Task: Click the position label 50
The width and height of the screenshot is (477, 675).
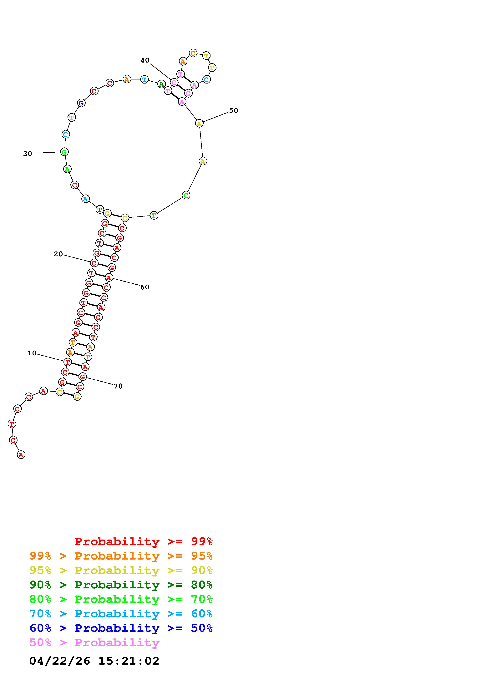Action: pyautogui.click(x=234, y=110)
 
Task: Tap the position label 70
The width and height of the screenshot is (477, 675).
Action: pyautogui.click(x=118, y=386)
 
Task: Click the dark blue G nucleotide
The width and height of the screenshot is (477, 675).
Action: pyautogui.click(x=81, y=103)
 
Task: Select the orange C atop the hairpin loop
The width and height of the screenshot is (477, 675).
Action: pyautogui.click(x=193, y=53)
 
